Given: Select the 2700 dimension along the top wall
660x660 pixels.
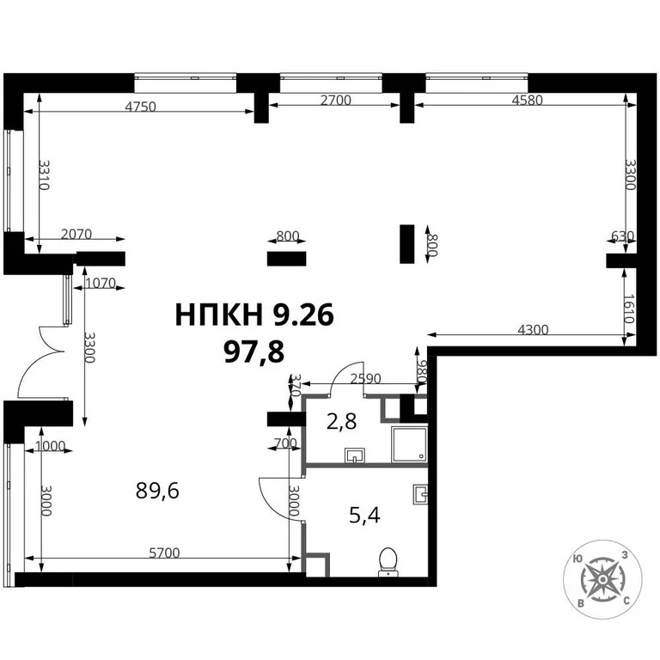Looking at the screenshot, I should click(x=335, y=101).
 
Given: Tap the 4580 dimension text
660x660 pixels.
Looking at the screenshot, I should click(x=526, y=101).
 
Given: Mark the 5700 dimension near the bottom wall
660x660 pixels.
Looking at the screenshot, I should click(x=163, y=553).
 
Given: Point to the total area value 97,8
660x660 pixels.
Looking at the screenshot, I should click(x=254, y=350).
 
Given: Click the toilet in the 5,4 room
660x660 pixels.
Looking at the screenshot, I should click(x=387, y=560).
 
